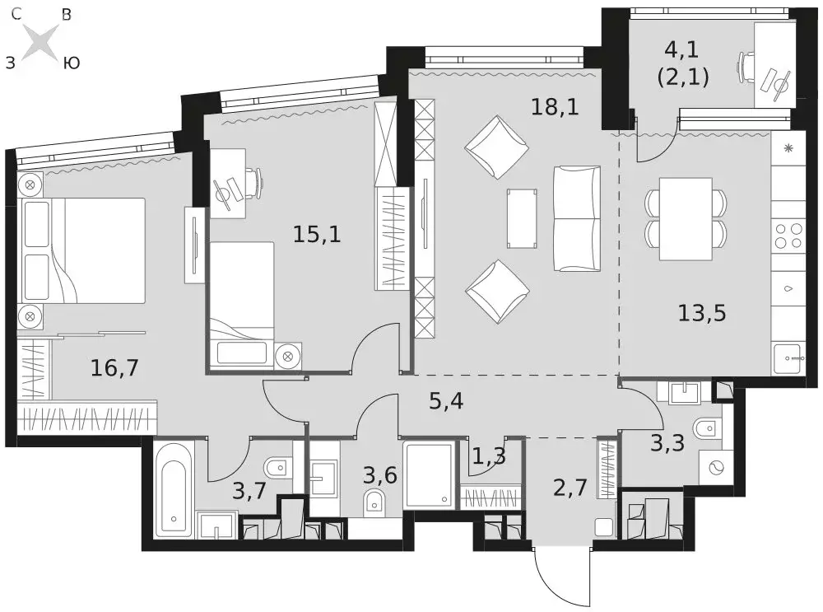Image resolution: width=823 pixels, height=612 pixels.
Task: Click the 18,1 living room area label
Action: coord(555,108)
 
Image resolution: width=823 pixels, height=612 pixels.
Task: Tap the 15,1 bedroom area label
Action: coord(317,234)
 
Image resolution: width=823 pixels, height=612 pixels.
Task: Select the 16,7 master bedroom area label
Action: coord(114,367)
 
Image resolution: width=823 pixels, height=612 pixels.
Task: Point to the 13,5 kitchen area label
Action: coord(702,313)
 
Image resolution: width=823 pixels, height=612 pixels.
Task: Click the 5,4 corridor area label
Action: coord(446,402)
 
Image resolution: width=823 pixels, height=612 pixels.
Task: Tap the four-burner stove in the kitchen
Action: coord(788,236)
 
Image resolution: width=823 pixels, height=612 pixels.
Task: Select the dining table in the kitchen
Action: coord(686,218)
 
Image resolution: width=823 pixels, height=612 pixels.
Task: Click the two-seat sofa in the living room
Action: coord(577,218)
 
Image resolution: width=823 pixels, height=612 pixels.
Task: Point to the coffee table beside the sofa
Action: coord(522,218)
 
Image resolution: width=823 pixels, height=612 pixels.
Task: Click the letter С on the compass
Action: coord(16,14)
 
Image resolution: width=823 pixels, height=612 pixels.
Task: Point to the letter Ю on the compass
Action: coord(71,63)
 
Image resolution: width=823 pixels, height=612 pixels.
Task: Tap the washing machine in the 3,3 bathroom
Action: coord(716,466)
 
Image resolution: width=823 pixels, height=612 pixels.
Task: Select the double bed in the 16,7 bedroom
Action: coord(81,250)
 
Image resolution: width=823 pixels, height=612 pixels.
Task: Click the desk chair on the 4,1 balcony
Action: coord(747,66)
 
